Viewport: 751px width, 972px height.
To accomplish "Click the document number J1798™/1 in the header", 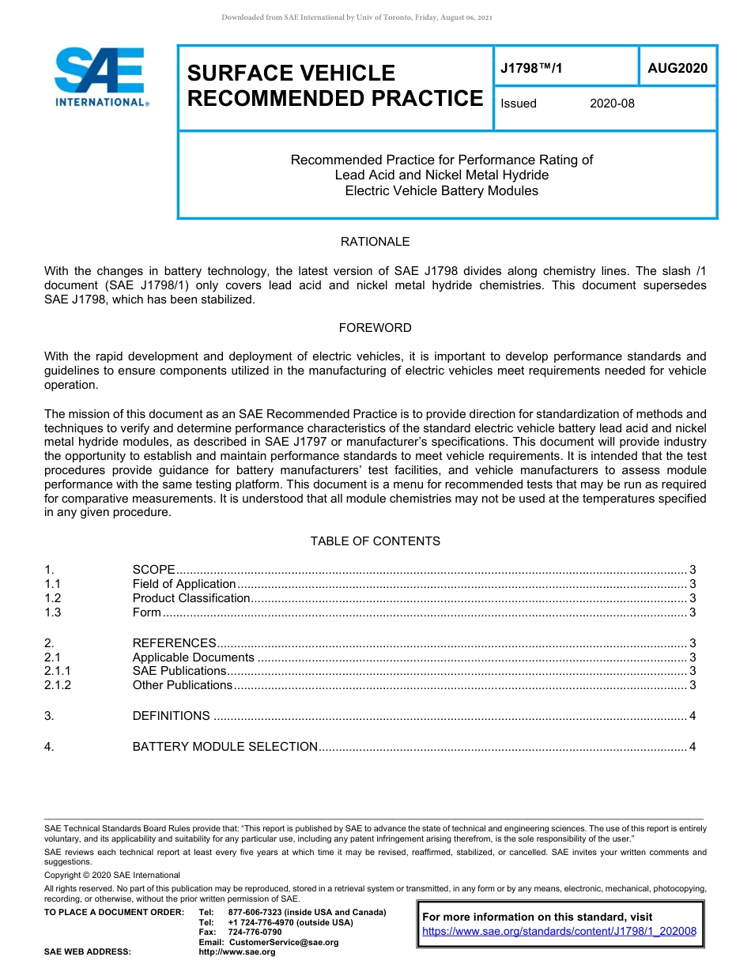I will pyautogui.click(x=531, y=69).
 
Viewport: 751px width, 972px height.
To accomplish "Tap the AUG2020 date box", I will pyautogui.click(x=677, y=69).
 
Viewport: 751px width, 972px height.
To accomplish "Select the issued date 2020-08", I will pyautogui.click(x=612, y=104).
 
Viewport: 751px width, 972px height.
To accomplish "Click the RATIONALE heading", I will pyautogui.click(x=375, y=242).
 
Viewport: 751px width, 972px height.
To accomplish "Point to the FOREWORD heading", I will pyautogui.click(x=375, y=327).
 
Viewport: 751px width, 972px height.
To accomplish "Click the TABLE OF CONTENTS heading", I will pyautogui.click(x=375, y=541).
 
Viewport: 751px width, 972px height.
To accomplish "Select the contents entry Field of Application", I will pyautogui.click(x=184, y=584).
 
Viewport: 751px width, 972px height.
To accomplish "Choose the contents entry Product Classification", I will pyautogui.click(x=191, y=598).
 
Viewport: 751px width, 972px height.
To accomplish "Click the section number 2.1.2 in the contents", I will pyautogui.click(x=58, y=685).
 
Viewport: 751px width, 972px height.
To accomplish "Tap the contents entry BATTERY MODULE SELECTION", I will pyautogui.click(x=225, y=747).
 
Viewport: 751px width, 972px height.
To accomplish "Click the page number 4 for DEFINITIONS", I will pyautogui.click(x=693, y=716).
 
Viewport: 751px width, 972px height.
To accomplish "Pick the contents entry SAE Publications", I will pyautogui.click(x=179, y=671).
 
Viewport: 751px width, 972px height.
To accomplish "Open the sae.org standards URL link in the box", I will pyautogui.click(x=559, y=932).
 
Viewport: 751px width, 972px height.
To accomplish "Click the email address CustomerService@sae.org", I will pyautogui.click(x=283, y=942).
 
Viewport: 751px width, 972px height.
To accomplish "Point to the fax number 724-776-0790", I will pyautogui.click(x=255, y=932).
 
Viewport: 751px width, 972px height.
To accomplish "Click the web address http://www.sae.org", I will pyautogui.click(x=237, y=952).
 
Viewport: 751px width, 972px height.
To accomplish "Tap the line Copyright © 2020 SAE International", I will pyautogui.click(x=112, y=875).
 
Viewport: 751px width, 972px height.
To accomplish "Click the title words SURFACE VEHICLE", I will pyautogui.click(x=291, y=73).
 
